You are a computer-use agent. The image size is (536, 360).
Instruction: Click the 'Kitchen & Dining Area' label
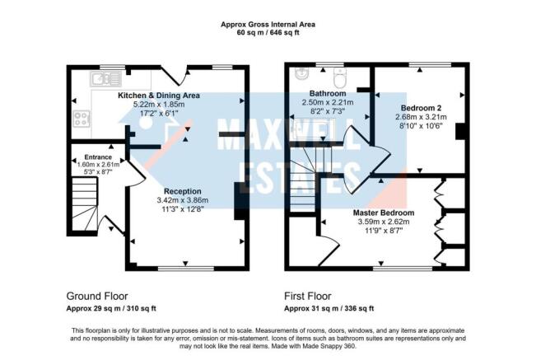(x=159, y=96)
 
